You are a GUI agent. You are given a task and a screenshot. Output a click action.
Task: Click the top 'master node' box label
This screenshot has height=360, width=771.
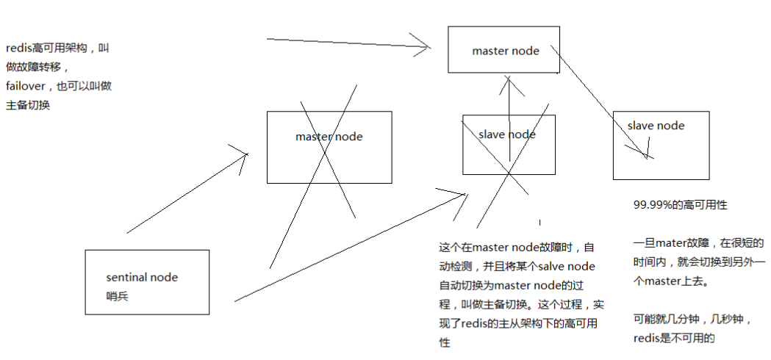[505, 51]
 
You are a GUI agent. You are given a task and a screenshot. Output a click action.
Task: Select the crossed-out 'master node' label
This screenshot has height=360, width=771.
[329, 137]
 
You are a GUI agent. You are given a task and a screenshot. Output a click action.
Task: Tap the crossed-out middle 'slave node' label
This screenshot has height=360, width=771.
[506, 134]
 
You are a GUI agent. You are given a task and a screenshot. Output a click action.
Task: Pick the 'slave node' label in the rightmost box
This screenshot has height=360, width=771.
[656, 126]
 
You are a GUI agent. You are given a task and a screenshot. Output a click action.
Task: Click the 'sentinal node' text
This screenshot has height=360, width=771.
[142, 278]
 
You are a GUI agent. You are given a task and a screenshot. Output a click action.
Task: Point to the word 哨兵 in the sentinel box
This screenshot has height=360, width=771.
[118, 296]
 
